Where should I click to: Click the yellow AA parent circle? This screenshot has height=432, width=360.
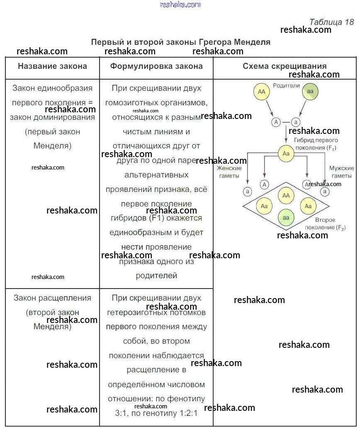261,92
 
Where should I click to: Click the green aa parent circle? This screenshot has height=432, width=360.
310,92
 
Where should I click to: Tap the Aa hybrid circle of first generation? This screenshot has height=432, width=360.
286,154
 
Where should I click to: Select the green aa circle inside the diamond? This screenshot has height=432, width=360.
286,217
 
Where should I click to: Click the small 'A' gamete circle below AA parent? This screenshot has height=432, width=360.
276,122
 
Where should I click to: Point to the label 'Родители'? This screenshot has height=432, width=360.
286,85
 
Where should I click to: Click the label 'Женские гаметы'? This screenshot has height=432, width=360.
229,172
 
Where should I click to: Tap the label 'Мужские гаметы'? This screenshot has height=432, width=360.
341,172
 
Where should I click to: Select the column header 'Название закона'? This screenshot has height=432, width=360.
52,66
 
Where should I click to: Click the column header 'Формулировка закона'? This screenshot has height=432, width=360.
156,66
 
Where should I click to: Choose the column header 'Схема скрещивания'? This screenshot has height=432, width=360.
285,66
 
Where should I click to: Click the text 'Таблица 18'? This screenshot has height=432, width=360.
331,22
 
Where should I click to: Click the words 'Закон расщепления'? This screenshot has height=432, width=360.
52,298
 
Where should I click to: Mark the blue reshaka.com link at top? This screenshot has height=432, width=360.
180,5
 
